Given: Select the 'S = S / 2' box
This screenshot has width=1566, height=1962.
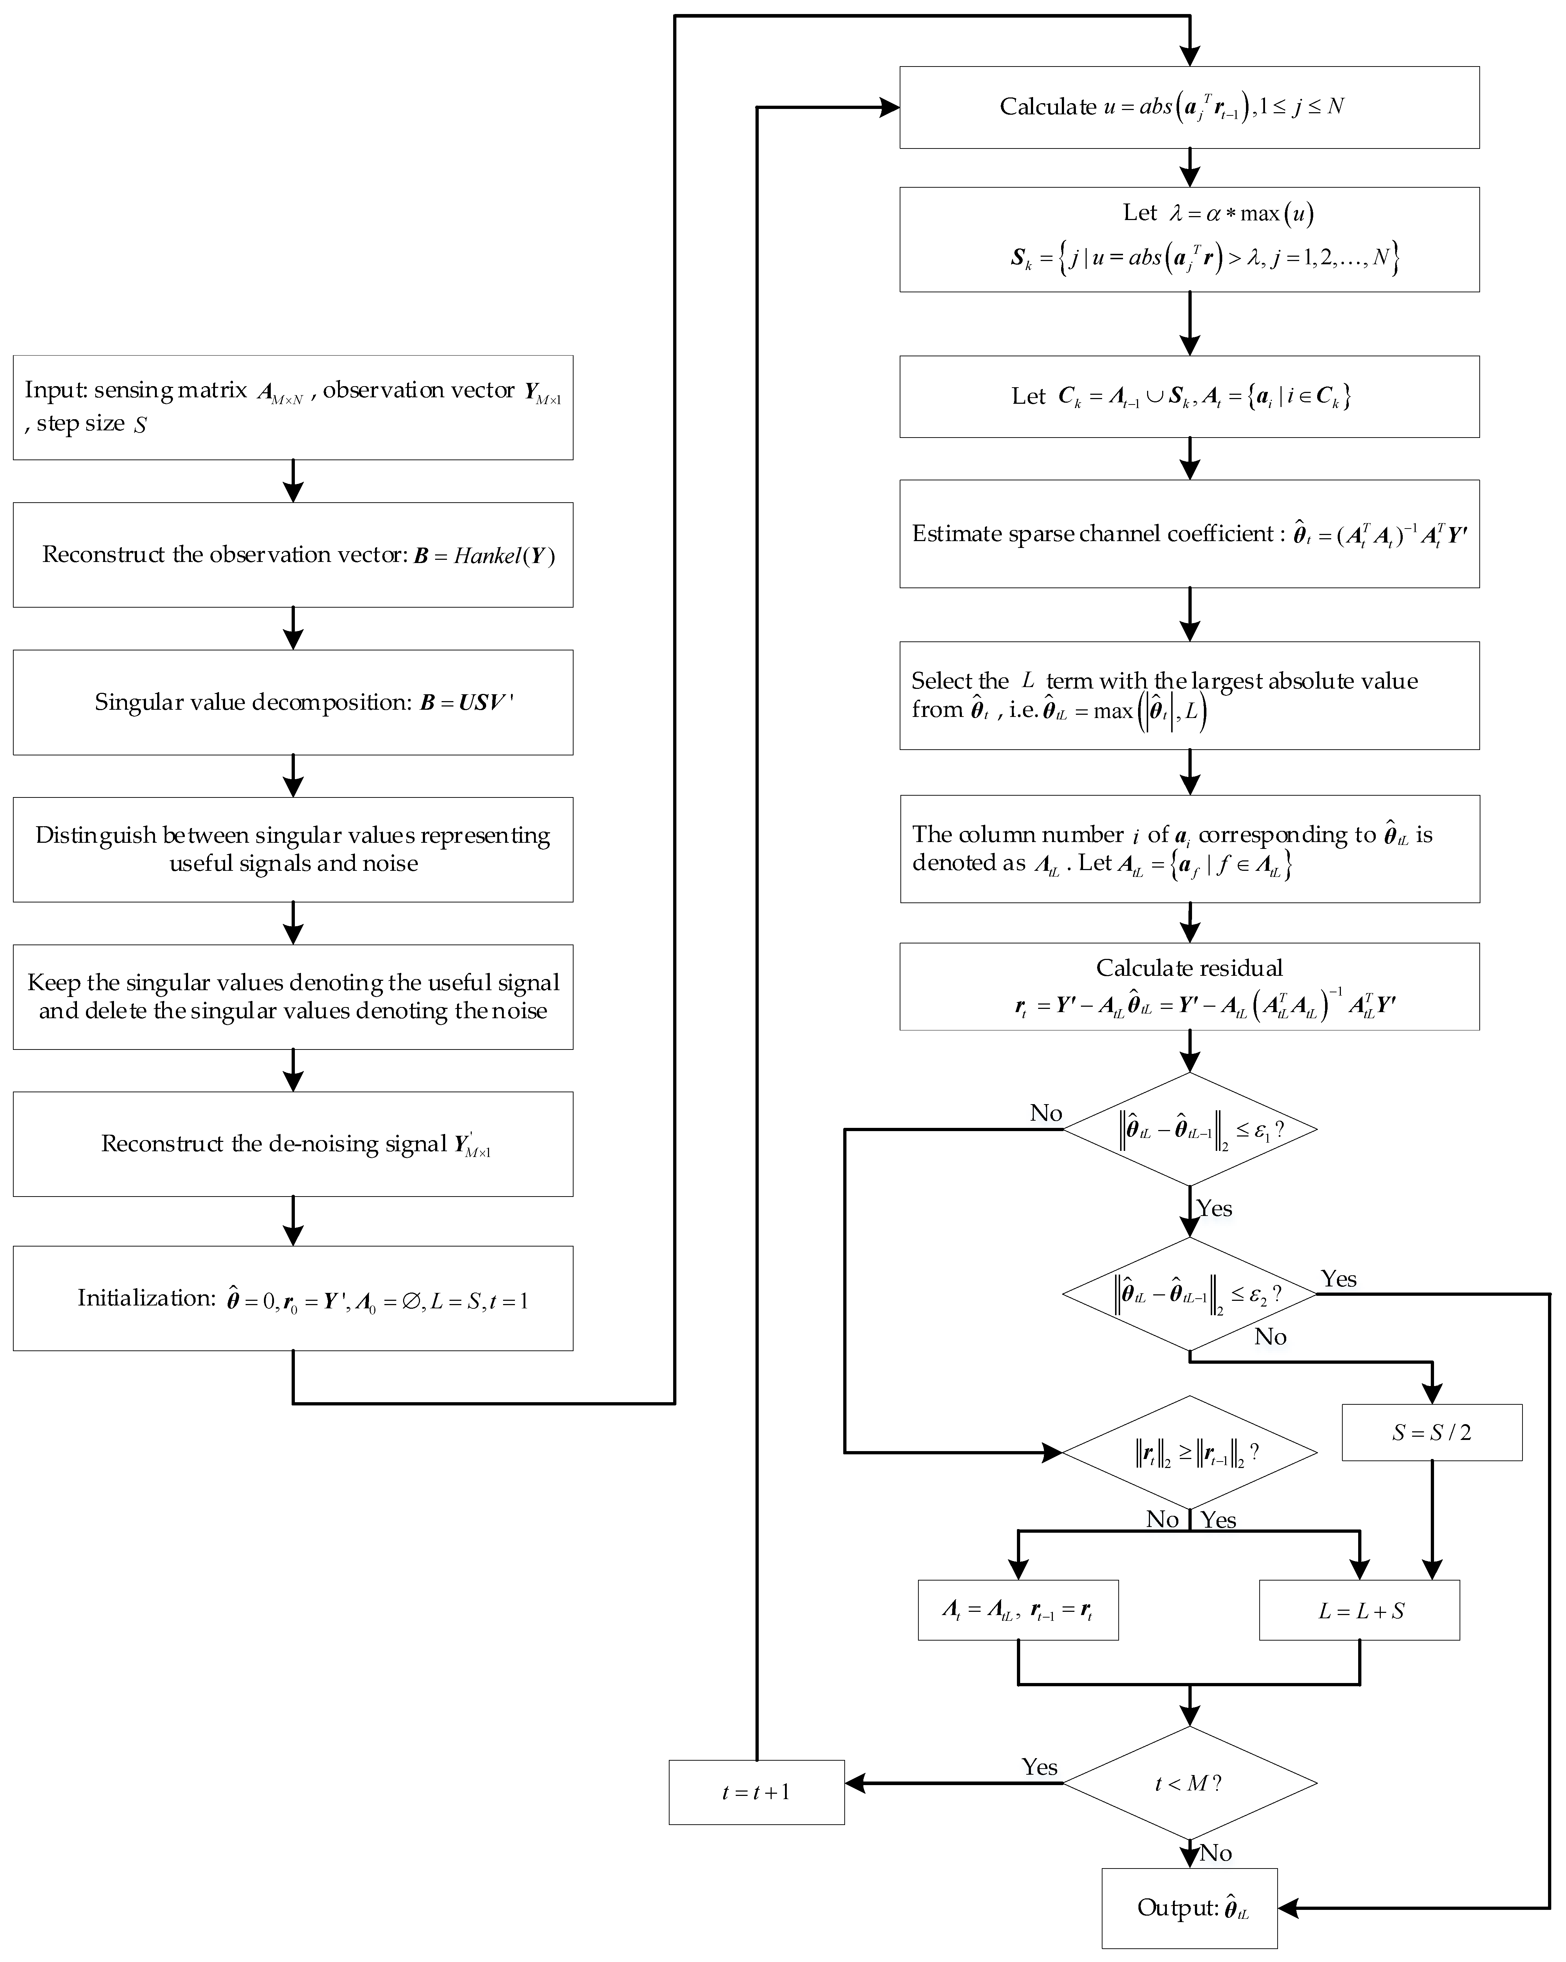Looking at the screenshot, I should (1431, 1432).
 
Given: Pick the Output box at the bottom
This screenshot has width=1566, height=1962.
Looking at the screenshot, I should (1189, 1907).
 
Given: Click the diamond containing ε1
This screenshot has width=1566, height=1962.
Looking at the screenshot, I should (1189, 1129).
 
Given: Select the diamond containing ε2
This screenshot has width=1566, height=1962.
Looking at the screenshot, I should (1189, 1293).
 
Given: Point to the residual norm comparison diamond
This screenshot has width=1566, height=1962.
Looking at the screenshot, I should (1189, 1453).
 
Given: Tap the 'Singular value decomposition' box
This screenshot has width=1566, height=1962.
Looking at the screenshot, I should (293, 701).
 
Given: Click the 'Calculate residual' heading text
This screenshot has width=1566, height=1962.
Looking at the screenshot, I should (1189, 968).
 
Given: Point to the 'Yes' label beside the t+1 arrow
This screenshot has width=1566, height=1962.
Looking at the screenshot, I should (1039, 1766).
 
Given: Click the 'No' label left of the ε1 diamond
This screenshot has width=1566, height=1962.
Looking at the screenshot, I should (1046, 1113).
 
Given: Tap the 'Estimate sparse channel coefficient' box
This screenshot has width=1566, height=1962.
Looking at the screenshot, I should (1189, 533).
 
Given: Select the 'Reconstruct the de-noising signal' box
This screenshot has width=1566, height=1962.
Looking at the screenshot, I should (293, 1144).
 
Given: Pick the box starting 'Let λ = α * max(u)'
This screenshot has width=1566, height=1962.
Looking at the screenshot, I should (1189, 239).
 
